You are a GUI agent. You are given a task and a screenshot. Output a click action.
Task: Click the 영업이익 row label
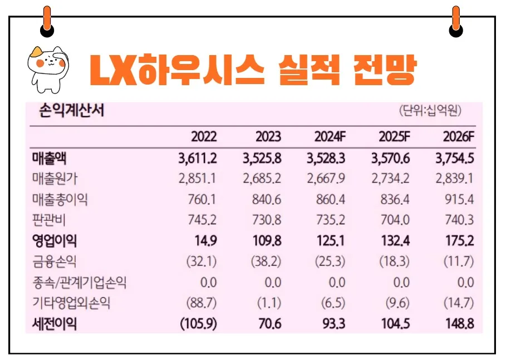coord(55,240)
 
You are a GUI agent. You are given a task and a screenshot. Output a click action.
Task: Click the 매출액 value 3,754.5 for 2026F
coord(455,158)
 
